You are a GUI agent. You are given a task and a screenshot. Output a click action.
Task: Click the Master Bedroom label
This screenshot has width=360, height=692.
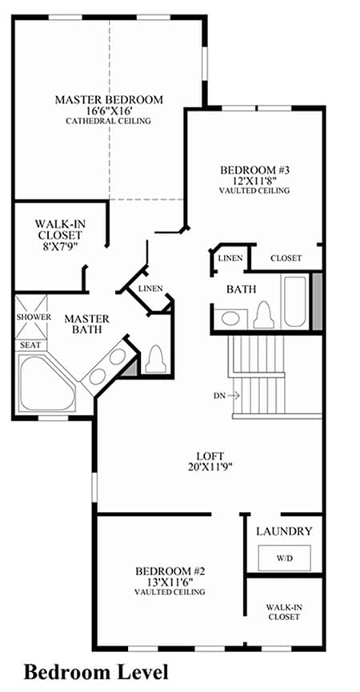[109, 100]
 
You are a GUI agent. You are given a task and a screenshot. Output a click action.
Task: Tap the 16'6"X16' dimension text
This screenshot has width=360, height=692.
[109, 110]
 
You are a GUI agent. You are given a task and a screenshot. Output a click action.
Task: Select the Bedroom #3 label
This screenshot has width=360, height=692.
[254, 170]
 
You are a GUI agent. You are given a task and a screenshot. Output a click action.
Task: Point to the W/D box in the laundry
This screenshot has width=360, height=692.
[285, 558]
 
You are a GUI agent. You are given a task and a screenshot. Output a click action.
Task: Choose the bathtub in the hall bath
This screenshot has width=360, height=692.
[294, 302]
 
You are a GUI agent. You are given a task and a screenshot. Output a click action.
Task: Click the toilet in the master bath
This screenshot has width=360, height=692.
[155, 358]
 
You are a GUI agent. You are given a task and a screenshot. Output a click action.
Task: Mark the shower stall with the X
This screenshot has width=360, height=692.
[31, 317]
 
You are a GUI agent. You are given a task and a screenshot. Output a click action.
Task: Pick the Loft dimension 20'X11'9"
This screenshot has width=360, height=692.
[210, 466]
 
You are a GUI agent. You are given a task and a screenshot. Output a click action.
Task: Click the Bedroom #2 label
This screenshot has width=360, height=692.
[170, 571]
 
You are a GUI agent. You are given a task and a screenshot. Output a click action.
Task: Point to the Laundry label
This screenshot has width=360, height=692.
[285, 531]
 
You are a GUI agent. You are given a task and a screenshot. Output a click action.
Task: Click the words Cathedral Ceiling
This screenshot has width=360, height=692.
[109, 121]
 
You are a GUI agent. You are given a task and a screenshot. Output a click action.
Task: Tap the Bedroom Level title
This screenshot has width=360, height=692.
[96, 673]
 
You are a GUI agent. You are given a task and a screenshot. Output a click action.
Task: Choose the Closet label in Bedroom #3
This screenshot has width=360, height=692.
[286, 258]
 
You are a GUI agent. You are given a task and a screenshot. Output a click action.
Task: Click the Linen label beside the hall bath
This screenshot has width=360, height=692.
[230, 258]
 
